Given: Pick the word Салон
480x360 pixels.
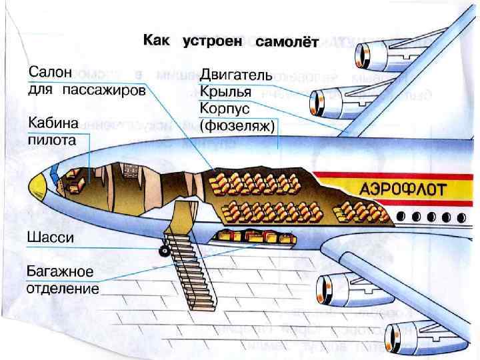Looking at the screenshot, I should click(x=48, y=72).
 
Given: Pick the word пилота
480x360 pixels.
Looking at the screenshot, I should click(x=51, y=140).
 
